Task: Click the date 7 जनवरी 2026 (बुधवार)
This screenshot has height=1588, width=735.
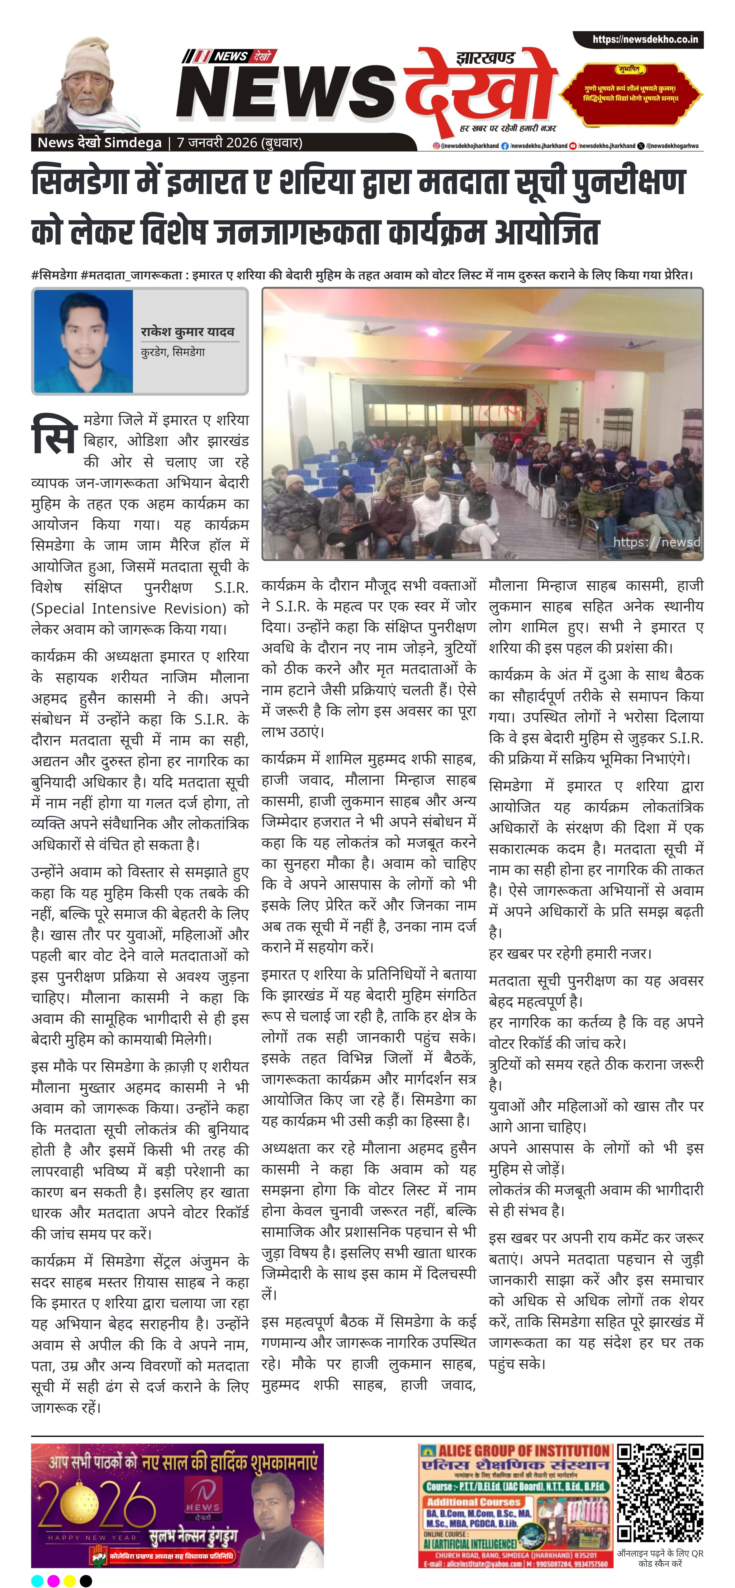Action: point(239,142)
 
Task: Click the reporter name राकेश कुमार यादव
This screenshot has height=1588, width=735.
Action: point(187,332)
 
